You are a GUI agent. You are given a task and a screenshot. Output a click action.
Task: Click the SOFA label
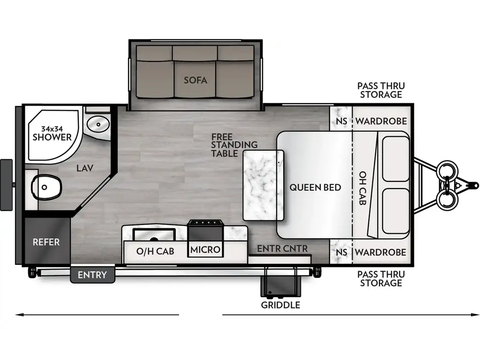(195, 80)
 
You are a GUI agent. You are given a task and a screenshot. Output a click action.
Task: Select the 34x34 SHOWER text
(52, 133)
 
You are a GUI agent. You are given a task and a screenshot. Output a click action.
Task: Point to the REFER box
(46, 242)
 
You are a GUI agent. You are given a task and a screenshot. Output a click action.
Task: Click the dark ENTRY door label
(92, 275)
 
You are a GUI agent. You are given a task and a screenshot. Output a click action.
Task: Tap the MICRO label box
(205, 250)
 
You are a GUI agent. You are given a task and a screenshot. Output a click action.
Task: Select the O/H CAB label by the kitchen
(155, 251)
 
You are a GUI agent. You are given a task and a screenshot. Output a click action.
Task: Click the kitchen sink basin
(154, 233)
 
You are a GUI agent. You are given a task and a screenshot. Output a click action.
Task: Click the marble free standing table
(263, 185)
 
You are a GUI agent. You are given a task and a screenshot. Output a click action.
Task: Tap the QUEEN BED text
(315, 187)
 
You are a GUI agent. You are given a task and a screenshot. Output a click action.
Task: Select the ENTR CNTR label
(282, 248)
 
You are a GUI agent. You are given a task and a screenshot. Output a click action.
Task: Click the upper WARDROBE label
(381, 121)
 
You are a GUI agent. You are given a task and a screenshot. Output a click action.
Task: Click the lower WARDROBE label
(381, 252)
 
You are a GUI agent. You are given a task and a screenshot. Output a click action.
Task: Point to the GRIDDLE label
(281, 305)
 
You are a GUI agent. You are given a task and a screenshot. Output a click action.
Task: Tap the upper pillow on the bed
(396, 158)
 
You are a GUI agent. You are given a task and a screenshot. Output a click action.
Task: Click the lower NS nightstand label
(342, 252)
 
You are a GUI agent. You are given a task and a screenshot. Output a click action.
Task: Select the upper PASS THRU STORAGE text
(381, 90)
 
